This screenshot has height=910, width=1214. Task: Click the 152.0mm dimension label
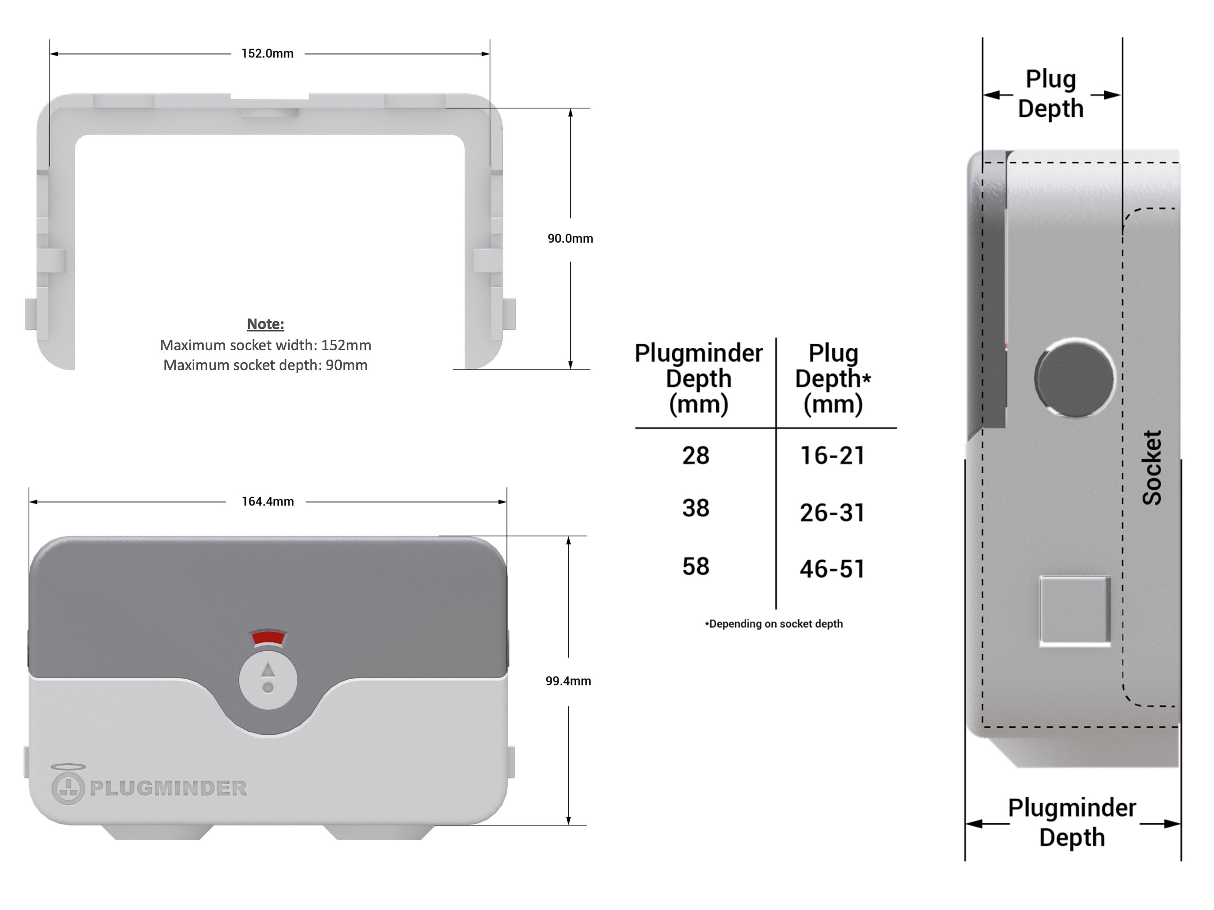click(267, 54)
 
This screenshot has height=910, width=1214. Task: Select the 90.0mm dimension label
click(570, 239)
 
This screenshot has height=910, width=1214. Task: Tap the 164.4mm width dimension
click(267, 502)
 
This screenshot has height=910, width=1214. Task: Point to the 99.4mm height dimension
click(568, 681)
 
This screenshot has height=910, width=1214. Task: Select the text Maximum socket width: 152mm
click(265, 345)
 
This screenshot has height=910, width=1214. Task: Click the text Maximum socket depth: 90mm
click(265, 365)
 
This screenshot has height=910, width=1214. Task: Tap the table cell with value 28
click(695, 455)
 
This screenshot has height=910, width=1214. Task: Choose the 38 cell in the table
click(695, 508)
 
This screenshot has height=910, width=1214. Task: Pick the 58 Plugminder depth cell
click(695, 566)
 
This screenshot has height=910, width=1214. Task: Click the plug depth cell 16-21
click(832, 455)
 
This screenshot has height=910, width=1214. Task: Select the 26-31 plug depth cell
click(832, 512)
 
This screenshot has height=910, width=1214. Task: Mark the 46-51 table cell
click(832, 568)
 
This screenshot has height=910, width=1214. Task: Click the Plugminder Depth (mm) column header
click(698, 379)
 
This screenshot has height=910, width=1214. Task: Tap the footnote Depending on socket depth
click(774, 624)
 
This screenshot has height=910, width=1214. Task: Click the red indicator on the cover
click(268, 637)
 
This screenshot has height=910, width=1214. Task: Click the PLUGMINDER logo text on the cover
click(168, 788)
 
